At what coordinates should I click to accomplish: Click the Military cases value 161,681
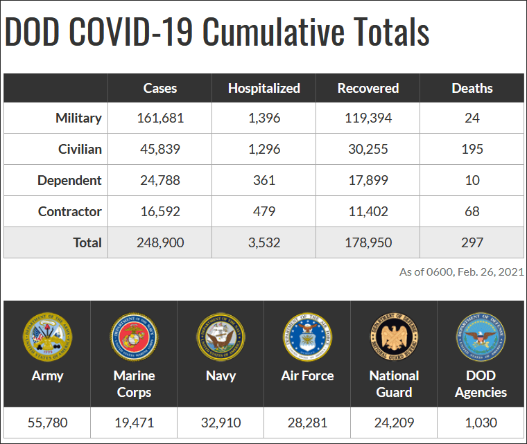coord(159,118)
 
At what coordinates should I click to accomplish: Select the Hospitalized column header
coord(263,88)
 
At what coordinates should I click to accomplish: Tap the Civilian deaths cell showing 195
coord(472,149)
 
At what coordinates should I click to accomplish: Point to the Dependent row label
coord(69,180)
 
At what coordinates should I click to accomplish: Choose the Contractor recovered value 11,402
coord(368,211)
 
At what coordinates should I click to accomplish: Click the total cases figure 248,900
coord(159,242)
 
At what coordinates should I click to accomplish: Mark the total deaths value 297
coord(472,242)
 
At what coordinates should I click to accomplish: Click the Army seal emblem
coord(47,337)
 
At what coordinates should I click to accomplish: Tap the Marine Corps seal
coord(134,337)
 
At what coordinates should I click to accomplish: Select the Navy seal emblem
coord(221,337)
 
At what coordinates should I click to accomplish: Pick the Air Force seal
coord(307,337)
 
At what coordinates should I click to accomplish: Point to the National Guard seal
coord(394,337)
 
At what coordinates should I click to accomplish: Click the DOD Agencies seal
coord(481,337)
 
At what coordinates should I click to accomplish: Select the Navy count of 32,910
coord(221,423)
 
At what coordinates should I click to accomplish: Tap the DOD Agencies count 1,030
coord(481,423)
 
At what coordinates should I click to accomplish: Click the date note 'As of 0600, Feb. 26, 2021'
coord(461,272)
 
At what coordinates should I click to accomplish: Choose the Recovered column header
coord(368,88)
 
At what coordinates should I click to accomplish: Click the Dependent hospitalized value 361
coord(263,180)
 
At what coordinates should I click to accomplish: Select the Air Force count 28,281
coord(307,423)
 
